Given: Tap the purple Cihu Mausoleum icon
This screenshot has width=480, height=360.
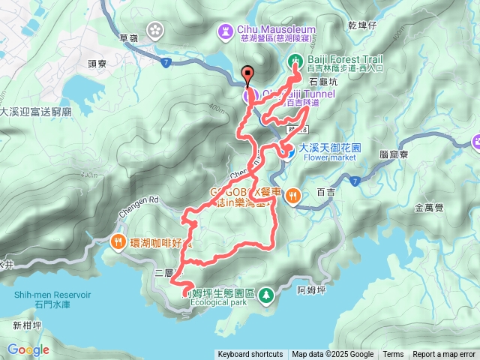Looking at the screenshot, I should point(225,30).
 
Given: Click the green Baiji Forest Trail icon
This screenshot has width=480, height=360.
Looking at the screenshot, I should point(295,60).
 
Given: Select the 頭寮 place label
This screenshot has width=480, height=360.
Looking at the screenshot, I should point(99,64).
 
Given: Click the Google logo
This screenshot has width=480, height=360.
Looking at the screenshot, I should point(28,349).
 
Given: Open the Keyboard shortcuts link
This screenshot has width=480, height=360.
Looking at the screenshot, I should point(250,355).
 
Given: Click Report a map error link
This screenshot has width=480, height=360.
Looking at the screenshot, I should point(444,355).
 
